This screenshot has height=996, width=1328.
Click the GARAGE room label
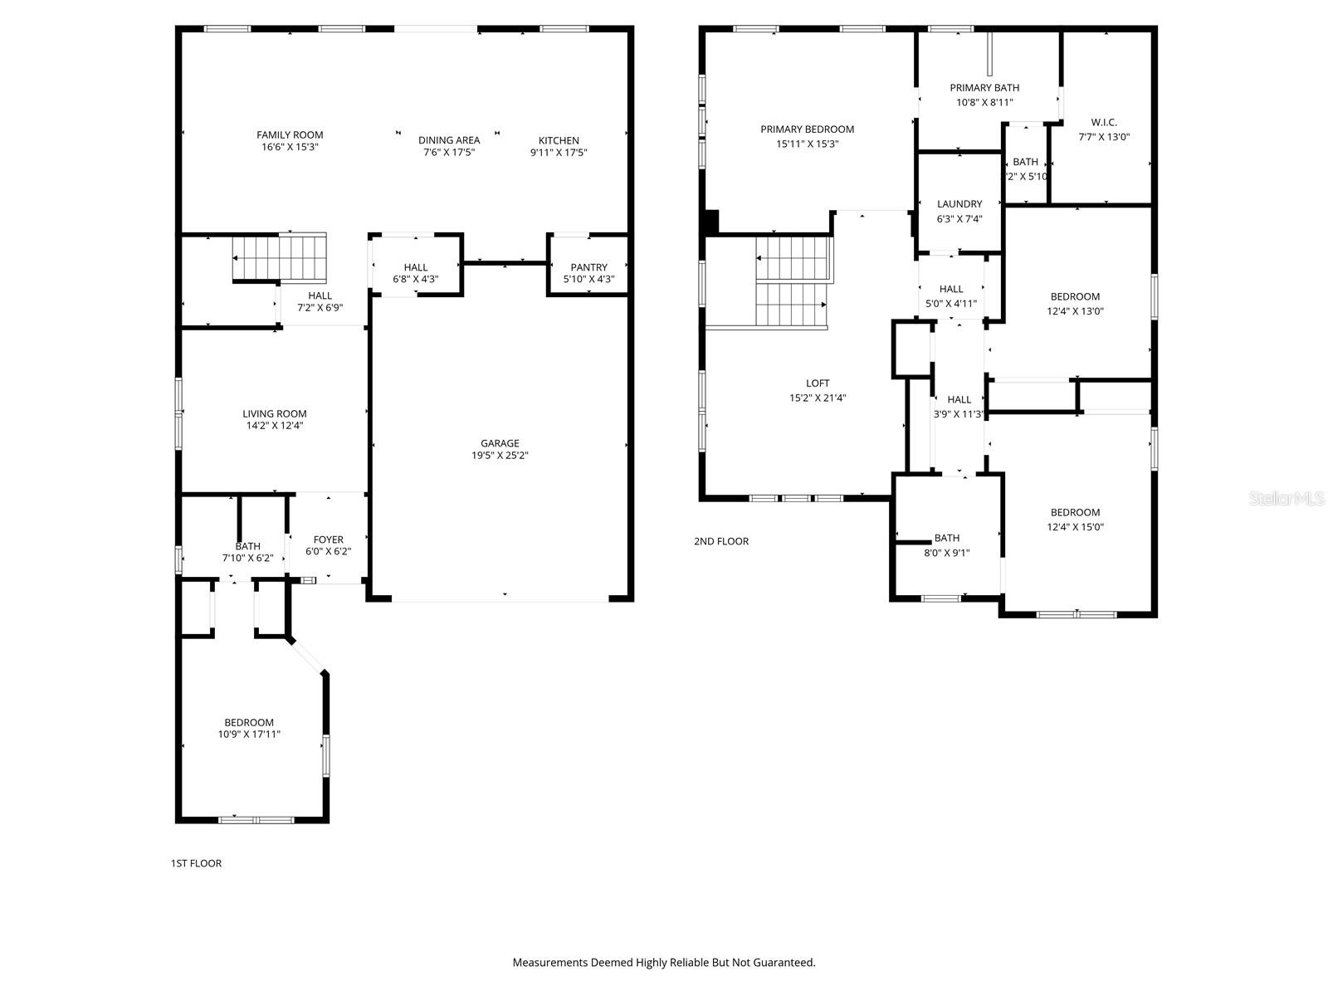point(499,443)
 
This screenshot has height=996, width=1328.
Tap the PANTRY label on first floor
point(588,267)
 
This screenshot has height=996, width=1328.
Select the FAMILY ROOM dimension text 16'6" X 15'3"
point(290,147)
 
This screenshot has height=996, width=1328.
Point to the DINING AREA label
point(449,140)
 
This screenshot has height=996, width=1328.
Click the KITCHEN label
point(559,140)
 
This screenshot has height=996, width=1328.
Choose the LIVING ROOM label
point(274,413)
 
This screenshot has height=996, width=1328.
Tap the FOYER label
point(329,539)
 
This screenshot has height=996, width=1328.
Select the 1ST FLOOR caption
point(196,863)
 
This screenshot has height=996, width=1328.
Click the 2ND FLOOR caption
point(721,541)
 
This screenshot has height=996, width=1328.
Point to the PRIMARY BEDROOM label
point(807,129)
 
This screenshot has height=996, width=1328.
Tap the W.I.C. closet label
point(1104,122)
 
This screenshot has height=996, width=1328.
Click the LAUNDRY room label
point(959,204)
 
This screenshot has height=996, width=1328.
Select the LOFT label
point(818,383)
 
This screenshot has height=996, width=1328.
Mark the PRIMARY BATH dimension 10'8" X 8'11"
point(984,103)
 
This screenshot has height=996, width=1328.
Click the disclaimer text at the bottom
point(664,963)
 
